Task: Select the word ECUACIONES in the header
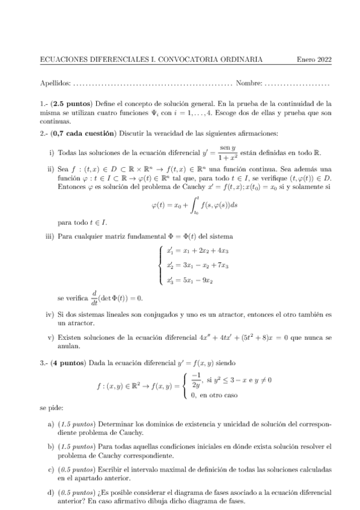click(x=61, y=60)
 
